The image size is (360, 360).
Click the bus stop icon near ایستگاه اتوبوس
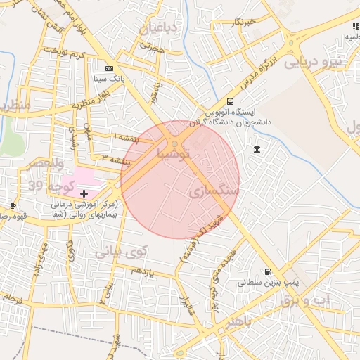(231, 102)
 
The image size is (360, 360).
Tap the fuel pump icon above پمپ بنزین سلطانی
(267, 272)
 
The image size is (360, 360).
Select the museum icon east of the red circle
(257, 149)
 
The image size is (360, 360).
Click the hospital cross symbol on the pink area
(84, 193)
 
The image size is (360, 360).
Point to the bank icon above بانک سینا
(109, 69)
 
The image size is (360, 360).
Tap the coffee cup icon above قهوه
(13, 206)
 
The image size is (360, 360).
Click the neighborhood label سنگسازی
(214, 191)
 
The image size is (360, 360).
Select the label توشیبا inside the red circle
(174, 152)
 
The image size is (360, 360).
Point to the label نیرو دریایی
(311, 62)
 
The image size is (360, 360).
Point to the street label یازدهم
(142, 271)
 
